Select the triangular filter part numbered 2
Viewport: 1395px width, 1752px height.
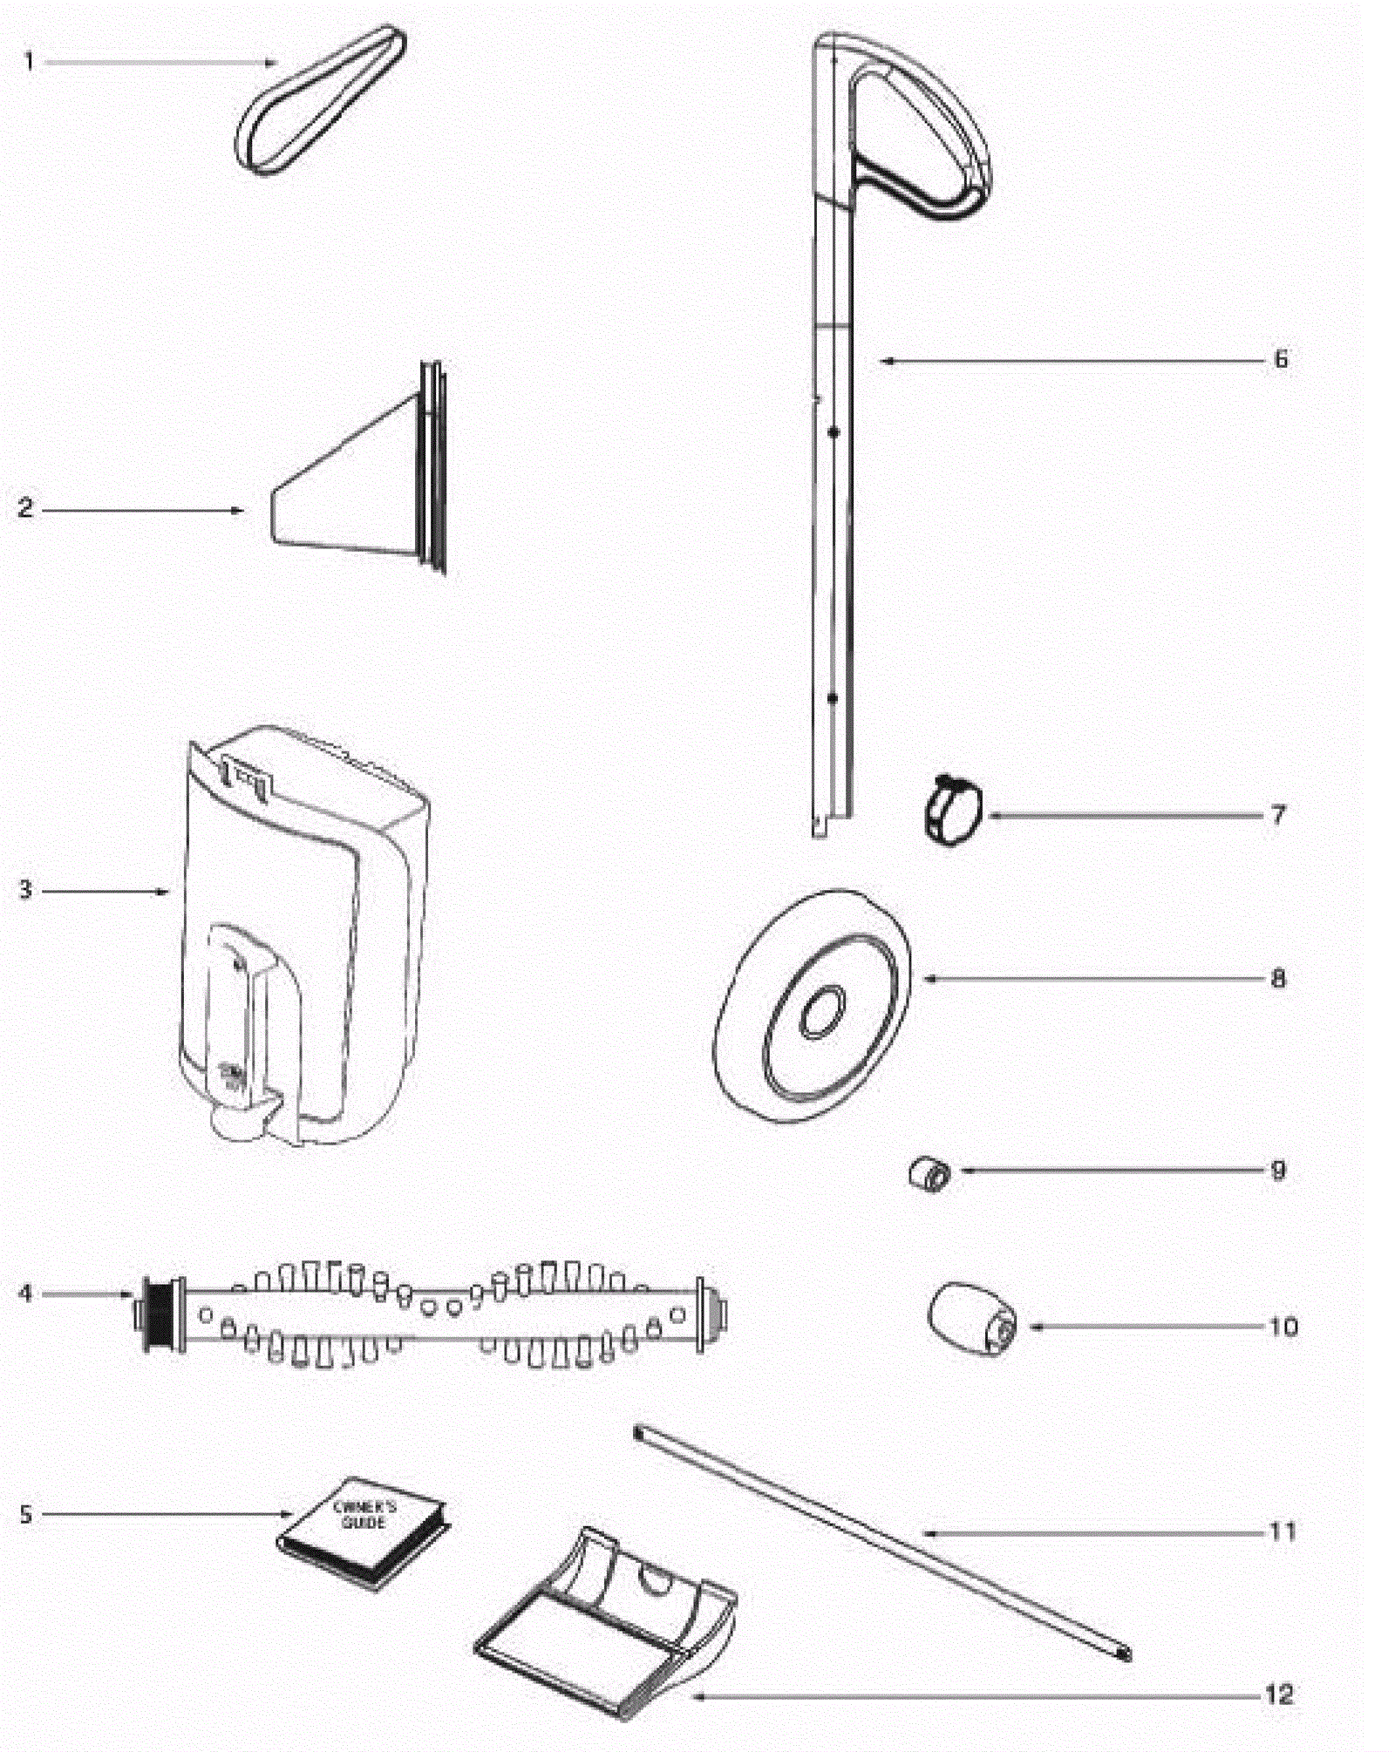pyautogui.click(x=349, y=488)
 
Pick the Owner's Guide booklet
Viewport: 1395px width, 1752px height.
pyautogui.click(x=364, y=1532)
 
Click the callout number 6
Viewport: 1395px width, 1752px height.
pyautogui.click(x=1280, y=359)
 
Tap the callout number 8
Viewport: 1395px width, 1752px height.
pyautogui.click(x=1278, y=978)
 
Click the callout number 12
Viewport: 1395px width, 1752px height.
pyautogui.click(x=1278, y=1695)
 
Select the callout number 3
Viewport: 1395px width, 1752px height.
pyautogui.click(x=25, y=890)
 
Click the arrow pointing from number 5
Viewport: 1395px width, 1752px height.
pyautogui.click(x=166, y=1514)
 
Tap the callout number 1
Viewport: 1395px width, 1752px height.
pyautogui.click(x=29, y=62)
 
